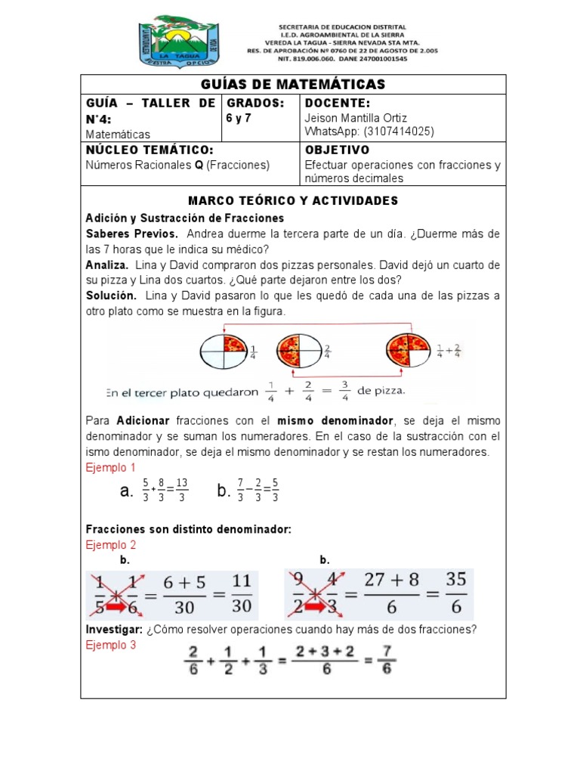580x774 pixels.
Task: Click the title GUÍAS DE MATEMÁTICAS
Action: (293, 84)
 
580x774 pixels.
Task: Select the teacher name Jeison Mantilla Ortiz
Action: (356, 118)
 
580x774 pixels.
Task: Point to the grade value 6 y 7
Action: (242, 118)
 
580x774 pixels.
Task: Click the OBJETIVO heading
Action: (337, 150)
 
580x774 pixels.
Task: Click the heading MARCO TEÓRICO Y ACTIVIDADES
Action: (292, 200)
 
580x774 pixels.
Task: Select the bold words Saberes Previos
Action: (132, 233)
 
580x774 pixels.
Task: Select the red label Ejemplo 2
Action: (110, 544)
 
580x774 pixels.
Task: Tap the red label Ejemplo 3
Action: (110, 646)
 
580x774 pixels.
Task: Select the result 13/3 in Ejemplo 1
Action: (182, 492)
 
